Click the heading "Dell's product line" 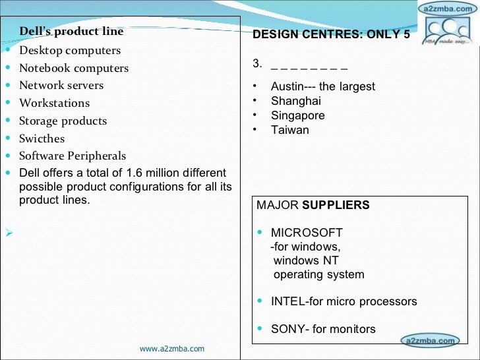[x=71, y=32]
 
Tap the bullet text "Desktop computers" [x=70, y=51]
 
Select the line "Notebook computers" [x=74, y=69]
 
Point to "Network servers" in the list [x=61, y=86]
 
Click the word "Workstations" [x=54, y=104]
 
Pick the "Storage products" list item [x=63, y=121]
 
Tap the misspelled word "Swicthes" [x=42, y=139]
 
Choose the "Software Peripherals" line [x=73, y=156]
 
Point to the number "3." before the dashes [x=258, y=64]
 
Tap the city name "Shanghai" [x=296, y=101]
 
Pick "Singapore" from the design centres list [x=298, y=115]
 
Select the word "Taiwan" [x=290, y=130]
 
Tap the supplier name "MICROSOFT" [x=307, y=233]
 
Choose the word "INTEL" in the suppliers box [x=287, y=301]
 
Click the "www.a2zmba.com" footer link [x=172, y=349]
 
